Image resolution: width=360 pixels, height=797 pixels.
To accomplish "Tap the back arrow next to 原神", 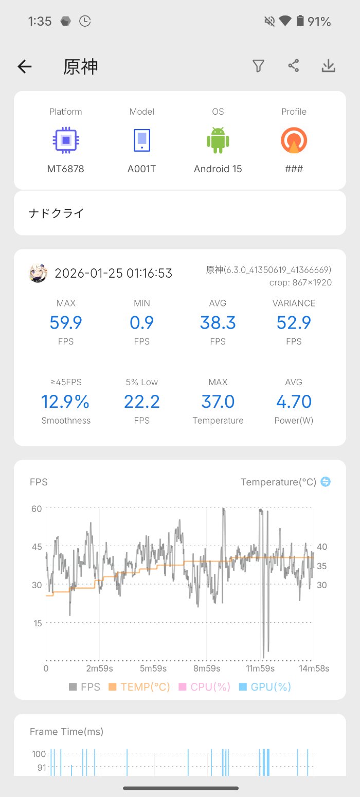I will point(25,66).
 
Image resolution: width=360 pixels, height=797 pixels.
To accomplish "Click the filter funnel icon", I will point(258,66).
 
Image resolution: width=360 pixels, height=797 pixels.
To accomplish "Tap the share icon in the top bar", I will point(293,66).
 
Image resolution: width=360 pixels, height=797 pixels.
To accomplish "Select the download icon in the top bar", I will point(328,66).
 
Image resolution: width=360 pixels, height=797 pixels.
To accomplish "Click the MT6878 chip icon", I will point(66,140).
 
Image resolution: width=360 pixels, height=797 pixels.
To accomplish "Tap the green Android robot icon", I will point(218,140).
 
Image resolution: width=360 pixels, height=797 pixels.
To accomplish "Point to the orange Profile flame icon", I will point(294,140).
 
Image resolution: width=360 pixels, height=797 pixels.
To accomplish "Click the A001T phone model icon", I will point(142,140).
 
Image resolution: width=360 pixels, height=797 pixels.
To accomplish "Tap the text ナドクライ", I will point(56,213).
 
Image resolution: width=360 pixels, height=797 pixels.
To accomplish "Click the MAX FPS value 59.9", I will point(66,323).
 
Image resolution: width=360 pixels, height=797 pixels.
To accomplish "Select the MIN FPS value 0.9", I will point(142,323).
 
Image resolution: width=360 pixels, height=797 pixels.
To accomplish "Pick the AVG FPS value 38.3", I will point(218,323).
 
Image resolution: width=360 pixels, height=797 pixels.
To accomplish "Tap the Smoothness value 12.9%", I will point(66,402).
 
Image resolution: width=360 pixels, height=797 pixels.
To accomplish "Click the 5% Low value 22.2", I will point(142,402).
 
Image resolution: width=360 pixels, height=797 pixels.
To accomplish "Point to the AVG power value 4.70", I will point(294,402).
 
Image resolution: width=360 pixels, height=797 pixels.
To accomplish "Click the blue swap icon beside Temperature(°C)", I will point(325,482).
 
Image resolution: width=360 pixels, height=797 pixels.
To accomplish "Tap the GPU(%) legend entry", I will point(265,687).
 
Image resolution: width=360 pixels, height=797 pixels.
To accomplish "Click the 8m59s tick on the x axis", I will point(207,668).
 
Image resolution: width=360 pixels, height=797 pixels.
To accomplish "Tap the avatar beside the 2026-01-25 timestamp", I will point(38,274).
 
